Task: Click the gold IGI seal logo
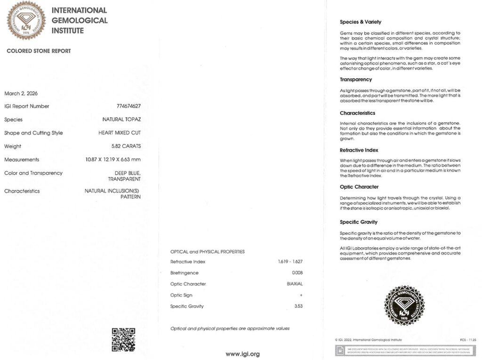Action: click(x=26, y=20)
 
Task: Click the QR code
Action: click(x=123, y=339)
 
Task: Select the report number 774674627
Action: click(x=129, y=106)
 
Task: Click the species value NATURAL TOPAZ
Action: click(x=121, y=120)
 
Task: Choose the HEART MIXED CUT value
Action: click(x=120, y=133)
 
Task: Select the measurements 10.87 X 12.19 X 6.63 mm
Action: click(x=110, y=160)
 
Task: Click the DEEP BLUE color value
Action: click(x=128, y=173)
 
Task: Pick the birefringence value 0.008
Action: click(x=297, y=273)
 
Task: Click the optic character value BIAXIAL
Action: click(x=295, y=284)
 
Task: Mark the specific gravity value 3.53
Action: click(x=298, y=306)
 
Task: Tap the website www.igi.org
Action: click(x=242, y=354)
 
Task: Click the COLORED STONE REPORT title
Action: click(x=39, y=51)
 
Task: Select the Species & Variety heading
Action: click(x=361, y=22)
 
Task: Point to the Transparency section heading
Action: click(x=356, y=80)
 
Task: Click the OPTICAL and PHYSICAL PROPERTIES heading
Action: click(x=208, y=252)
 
